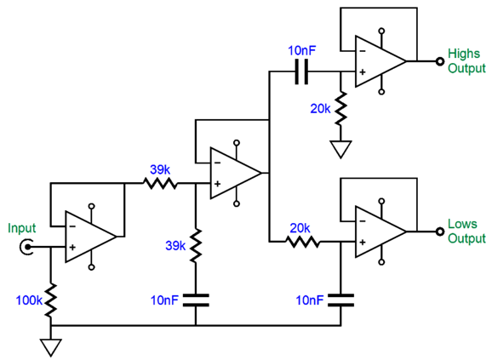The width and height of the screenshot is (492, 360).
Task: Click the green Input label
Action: click(22, 228)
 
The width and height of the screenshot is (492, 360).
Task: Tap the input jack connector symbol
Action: click(28, 248)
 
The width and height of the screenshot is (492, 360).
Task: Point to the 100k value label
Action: click(30, 299)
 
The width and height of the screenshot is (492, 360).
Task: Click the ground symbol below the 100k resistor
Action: click(51, 346)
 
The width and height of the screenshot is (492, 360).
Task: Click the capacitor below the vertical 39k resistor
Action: click(195, 299)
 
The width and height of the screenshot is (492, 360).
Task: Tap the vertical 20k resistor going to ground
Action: click(340, 107)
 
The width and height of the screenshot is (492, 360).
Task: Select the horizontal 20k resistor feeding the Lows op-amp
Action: click(301, 242)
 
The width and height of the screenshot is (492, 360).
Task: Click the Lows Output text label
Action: click(464, 231)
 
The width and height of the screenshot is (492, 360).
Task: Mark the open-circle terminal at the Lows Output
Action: click(440, 231)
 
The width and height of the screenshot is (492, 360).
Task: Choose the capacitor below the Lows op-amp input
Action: click(340, 299)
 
